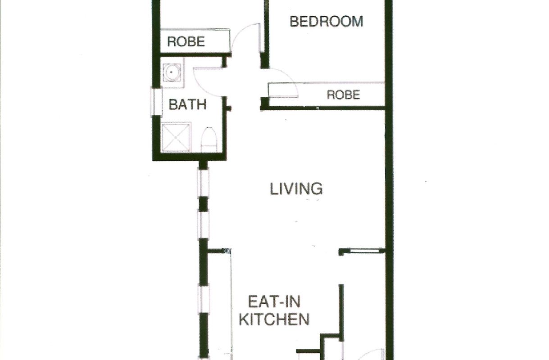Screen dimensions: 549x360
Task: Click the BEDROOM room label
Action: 326,21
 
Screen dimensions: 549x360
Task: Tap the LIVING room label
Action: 296,189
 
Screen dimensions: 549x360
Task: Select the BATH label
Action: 187,105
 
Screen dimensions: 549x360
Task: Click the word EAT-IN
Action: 274,301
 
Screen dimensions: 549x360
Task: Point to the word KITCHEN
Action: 274,319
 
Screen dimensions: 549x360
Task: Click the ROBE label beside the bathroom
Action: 186,42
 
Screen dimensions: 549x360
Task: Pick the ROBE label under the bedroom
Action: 343,95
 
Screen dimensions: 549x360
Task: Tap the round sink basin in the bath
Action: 172,72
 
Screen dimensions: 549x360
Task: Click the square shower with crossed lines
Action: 176,137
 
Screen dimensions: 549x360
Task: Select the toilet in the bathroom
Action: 209,140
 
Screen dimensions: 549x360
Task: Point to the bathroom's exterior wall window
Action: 156,101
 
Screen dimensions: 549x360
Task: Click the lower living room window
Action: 203,225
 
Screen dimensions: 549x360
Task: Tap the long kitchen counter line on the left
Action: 231,304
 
